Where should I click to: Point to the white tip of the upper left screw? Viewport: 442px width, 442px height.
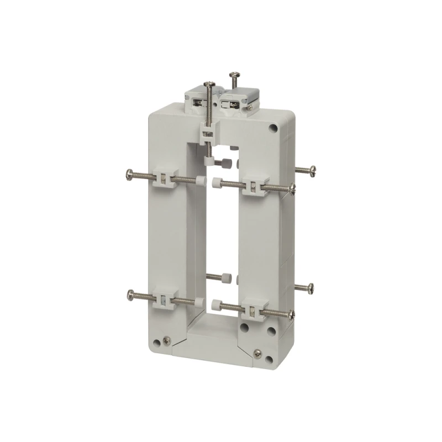click(x=197, y=180)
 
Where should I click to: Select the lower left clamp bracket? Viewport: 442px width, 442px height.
click(x=164, y=299)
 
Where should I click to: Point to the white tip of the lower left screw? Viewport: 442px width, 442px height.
click(x=197, y=302)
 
